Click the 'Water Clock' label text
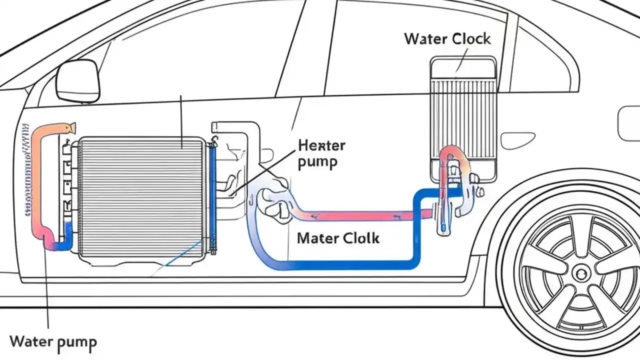447,39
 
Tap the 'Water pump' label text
53,342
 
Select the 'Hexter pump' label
321,154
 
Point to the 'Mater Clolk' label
338,238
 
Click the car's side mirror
77,80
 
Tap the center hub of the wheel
580,273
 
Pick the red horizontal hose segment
360,215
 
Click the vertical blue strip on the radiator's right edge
212,195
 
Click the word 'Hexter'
321,146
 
